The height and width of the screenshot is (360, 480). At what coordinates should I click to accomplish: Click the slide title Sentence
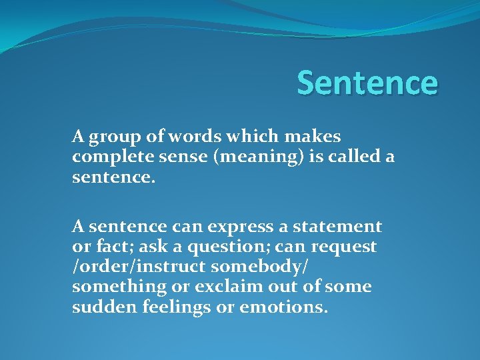coord(367,83)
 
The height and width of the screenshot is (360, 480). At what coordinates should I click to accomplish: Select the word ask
coord(147,247)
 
